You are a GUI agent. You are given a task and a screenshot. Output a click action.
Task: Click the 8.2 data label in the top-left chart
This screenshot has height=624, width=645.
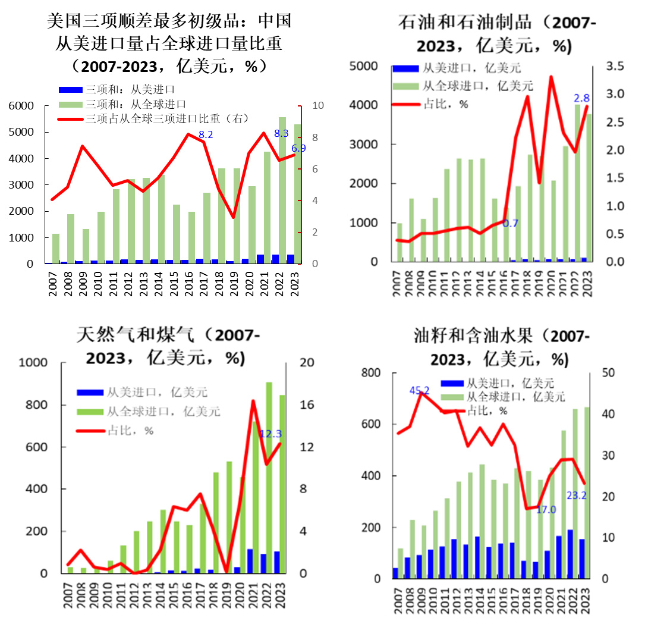tap(206, 135)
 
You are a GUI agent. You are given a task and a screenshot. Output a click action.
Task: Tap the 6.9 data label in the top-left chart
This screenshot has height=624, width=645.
tap(298, 148)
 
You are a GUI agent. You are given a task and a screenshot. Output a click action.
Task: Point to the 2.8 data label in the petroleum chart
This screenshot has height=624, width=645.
tap(581, 98)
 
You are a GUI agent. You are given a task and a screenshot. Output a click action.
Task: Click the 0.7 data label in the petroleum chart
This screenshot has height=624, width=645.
tap(510, 224)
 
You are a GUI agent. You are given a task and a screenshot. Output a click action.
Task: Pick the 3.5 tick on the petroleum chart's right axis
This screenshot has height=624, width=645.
tap(615, 66)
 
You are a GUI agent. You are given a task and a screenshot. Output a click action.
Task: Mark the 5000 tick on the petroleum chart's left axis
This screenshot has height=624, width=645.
tap(365, 66)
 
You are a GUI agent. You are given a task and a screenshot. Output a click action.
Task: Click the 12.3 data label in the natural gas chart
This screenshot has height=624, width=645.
tap(270, 434)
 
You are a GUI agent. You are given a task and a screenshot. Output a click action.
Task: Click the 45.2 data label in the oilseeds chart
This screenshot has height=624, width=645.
tap(419, 391)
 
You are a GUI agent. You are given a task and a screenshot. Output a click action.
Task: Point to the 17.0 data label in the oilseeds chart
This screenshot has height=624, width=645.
tap(546, 509)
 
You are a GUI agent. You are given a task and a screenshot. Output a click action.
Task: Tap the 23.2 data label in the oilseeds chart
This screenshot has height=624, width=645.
tap(577, 494)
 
